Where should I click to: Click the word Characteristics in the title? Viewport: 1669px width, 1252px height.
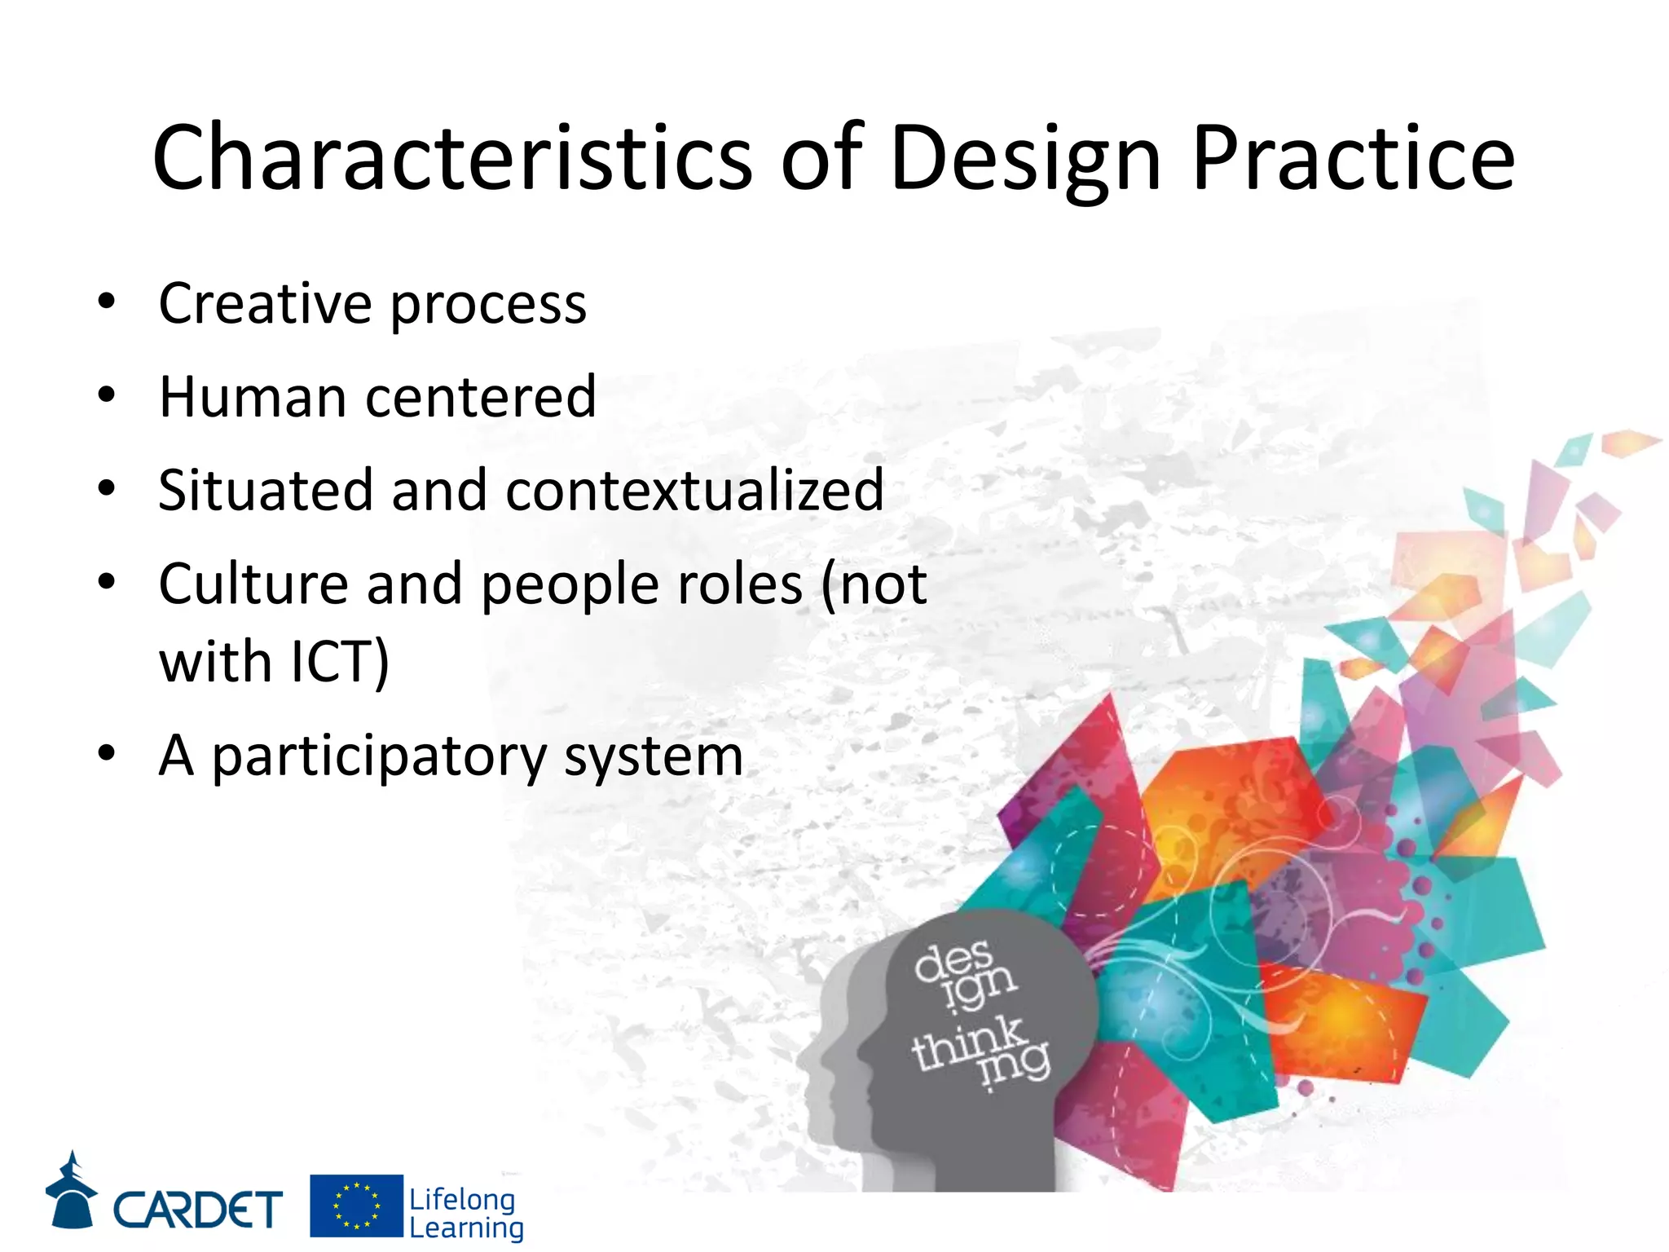pos(451,157)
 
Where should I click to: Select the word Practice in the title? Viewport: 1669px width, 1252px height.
pos(1353,157)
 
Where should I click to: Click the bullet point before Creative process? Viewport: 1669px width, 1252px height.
pos(106,302)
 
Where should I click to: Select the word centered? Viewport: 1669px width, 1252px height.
pos(481,397)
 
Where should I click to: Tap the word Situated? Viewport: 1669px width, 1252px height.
pos(265,491)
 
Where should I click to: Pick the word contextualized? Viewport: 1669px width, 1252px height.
pos(694,491)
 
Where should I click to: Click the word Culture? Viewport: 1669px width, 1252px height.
pos(253,584)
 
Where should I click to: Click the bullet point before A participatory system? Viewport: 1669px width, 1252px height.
pos(106,755)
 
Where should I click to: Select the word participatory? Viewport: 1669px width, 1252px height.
pos(379,756)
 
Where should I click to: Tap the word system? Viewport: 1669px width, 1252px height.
pos(654,756)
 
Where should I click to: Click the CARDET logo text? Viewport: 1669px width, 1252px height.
pos(198,1210)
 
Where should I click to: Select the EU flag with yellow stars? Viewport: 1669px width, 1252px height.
pos(356,1206)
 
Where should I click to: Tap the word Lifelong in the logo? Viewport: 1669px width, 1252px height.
pos(462,1199)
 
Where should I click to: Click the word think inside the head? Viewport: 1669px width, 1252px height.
pos(967,1044)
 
